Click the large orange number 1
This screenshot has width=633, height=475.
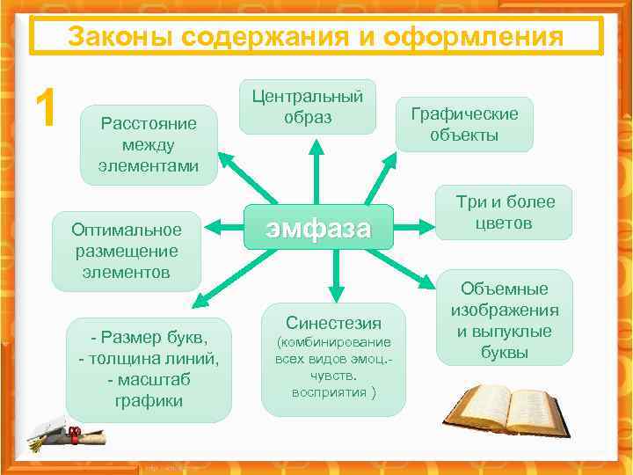(45, 107)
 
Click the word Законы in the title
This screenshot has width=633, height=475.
(112, 37)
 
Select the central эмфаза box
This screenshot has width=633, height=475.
(318, 228)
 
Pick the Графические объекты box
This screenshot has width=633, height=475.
(476, 124)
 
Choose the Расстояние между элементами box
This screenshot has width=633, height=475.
(149, 143)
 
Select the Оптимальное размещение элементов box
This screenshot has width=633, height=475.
(127, 251)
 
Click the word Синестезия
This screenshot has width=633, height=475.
(333, 322)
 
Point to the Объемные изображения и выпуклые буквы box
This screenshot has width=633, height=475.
(504, 319)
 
